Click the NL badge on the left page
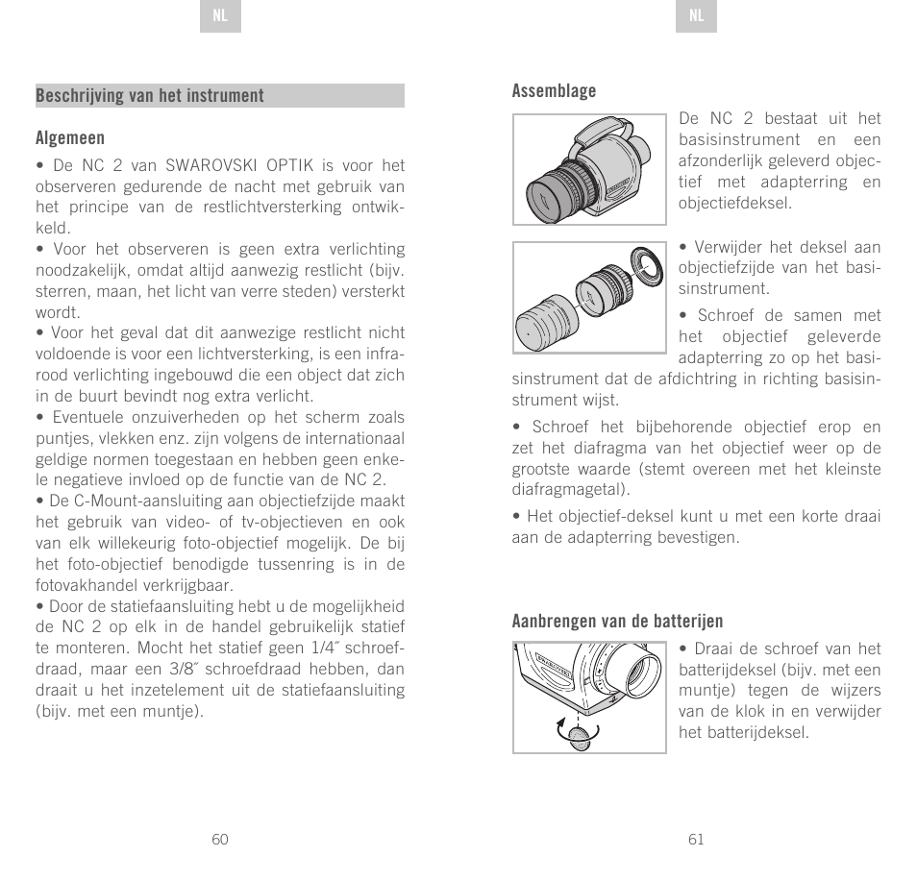pos(220,17)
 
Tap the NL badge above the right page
pos(696,17)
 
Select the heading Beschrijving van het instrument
pos(150,96)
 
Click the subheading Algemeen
pos(70,138)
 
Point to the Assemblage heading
pos(554,91)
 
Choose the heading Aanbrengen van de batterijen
pos(617,621)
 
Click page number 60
pos(220,839)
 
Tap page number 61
pos(696,839)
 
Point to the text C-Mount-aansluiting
pos(116,502)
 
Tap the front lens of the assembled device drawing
pos(544,197)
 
